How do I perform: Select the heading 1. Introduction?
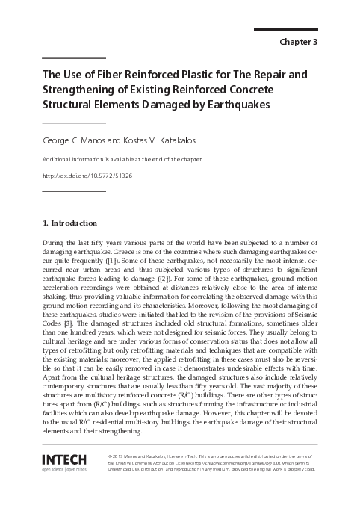click(69, 223)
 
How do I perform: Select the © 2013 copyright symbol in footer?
click(110, 455)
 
